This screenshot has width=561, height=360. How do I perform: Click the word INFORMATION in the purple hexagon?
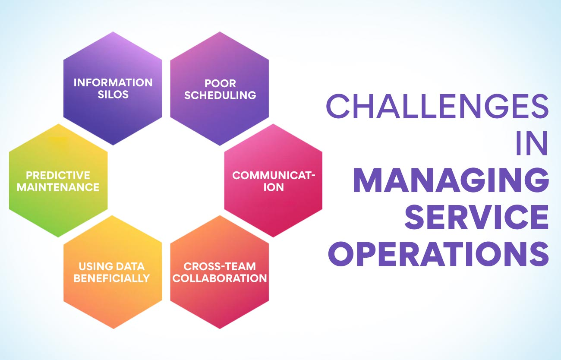113,83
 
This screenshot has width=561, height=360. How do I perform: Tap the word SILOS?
113,95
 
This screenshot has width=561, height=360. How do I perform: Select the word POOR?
220,83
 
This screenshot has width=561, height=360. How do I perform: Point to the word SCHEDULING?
220,95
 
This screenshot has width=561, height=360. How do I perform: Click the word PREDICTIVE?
58,175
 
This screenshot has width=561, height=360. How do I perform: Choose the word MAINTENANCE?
58,187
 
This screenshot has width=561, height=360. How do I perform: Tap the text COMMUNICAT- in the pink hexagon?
274,175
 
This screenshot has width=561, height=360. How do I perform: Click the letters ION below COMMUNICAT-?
274,187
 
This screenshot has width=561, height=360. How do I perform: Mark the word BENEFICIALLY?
112,278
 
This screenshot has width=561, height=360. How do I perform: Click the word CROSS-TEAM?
220,267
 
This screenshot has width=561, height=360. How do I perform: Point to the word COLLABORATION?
220,278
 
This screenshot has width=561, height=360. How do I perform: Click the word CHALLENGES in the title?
437,107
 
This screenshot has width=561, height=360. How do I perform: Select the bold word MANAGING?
451,180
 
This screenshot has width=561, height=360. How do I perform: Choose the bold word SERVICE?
476,217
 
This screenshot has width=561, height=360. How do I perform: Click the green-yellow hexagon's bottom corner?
58,237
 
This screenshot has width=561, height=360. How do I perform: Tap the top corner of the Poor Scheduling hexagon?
220,32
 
